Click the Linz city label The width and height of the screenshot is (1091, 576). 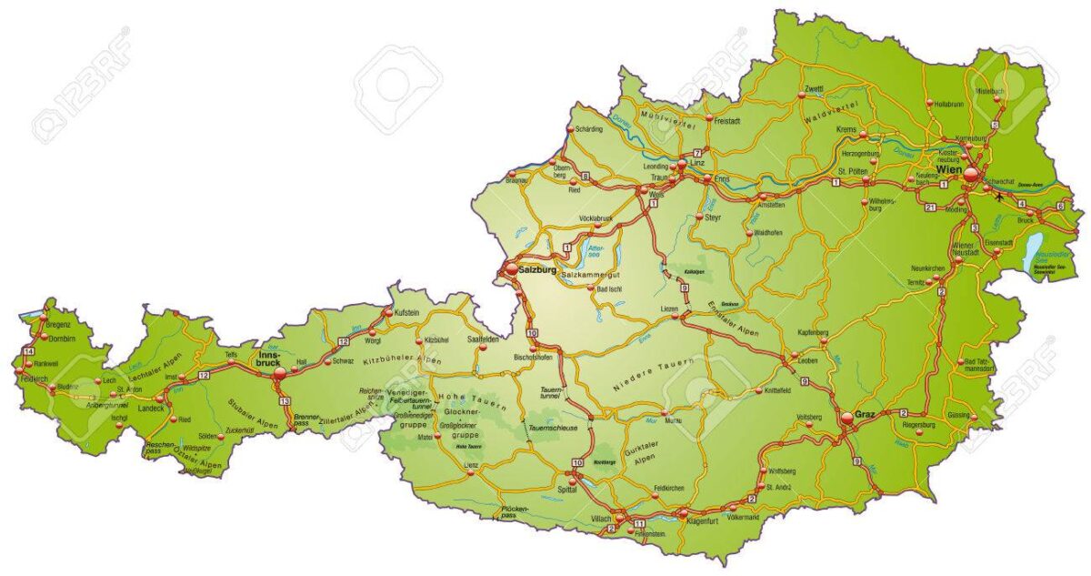pyautogui.click(x=697, y=162)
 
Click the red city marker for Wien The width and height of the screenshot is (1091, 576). pyautogui.click(x=972, y=175)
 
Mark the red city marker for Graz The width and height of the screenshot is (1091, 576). pyautogui.click(x=847, y=418)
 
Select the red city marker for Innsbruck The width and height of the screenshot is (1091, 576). pyautogui.click(x=277, y=370)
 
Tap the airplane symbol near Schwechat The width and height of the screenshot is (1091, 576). pyautogui.click(x=1002, y=194)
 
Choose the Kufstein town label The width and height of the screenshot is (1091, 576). pyautogui.click(x=406, y=312)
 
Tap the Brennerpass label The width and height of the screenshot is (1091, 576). pyautogui.click(x=306, y=420)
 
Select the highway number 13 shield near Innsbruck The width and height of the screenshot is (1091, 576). pyautogui.click(x=285, y=401)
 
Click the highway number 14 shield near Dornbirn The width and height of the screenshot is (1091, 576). pyautogui.click(x=29, y=351)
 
